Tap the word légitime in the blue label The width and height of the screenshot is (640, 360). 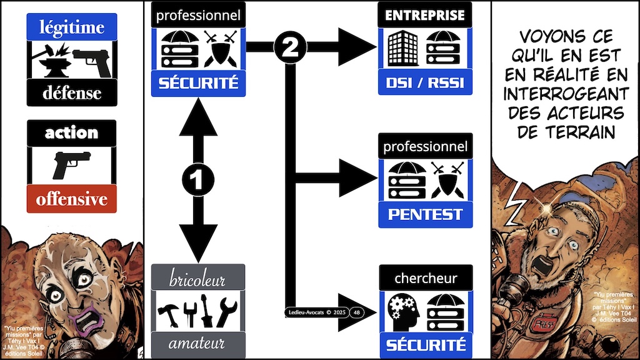(72, 27)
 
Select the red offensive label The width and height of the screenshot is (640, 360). (71, 200)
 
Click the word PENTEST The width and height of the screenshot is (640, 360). (425, 214)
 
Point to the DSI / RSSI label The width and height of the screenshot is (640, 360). (425, 82)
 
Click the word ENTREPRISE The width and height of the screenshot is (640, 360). (425, 14)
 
